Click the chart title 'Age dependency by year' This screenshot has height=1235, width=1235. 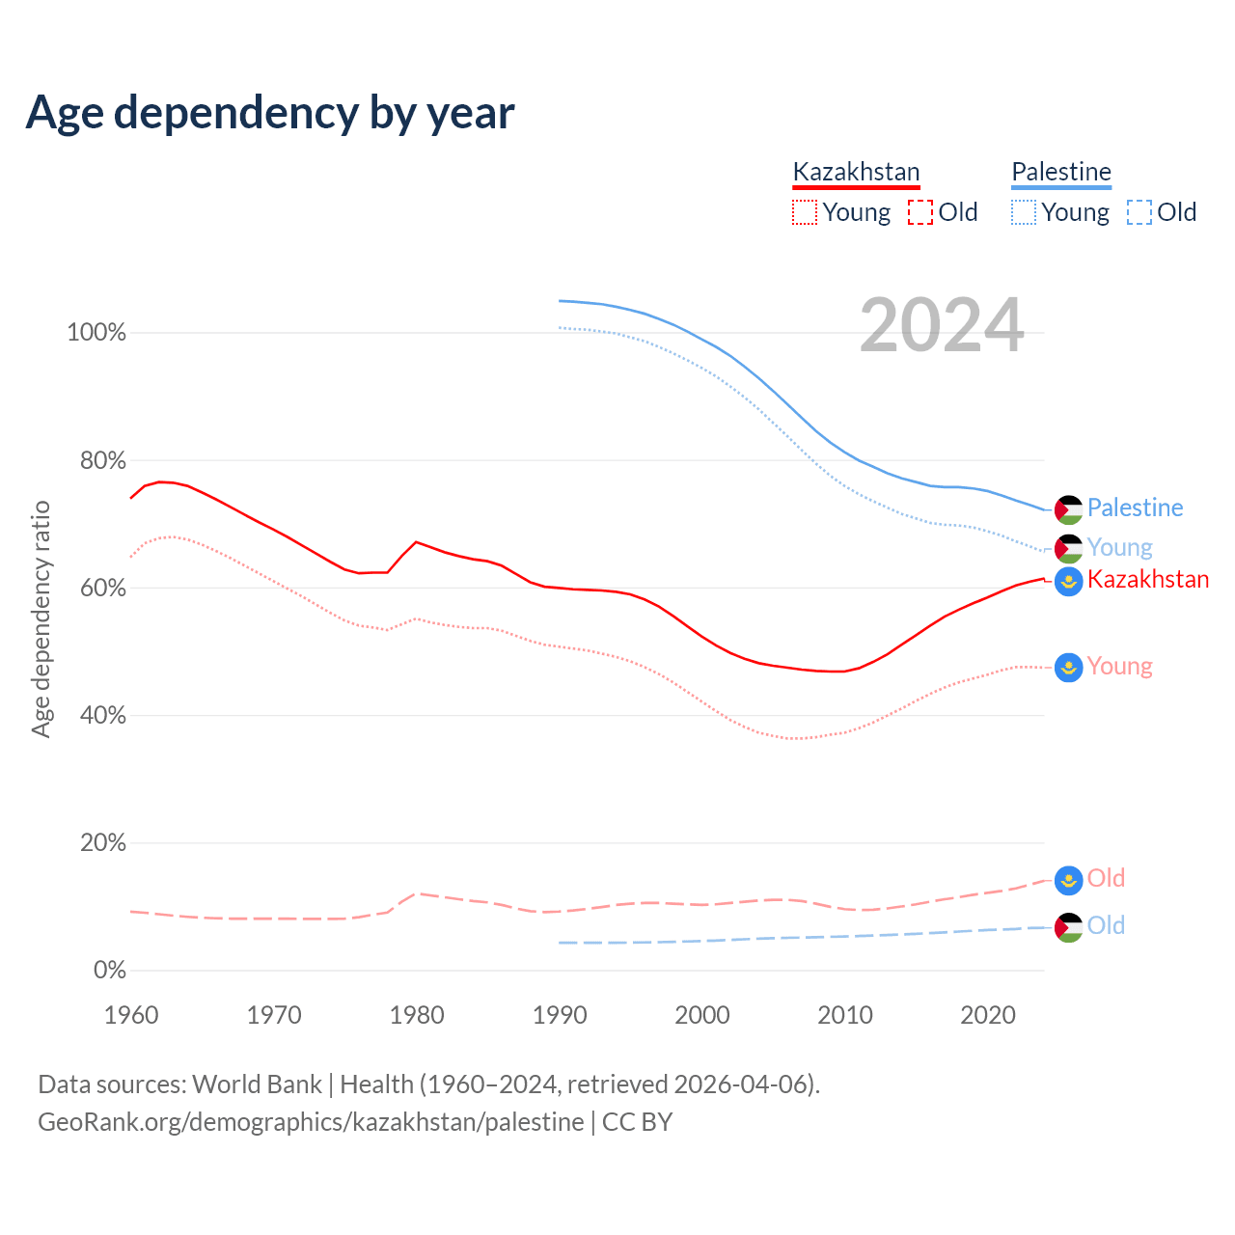click(270, 113)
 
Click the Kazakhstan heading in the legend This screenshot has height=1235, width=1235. click(856, 172)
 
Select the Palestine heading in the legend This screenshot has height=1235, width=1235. click(1061, 172)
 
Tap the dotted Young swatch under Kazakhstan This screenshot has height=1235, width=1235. click(804, 212)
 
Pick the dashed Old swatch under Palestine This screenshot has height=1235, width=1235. click(1139, 212)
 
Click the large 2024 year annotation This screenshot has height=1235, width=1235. click(941, 326)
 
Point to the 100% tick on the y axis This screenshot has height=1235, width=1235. click(96, 333)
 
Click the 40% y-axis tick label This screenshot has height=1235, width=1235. click(102, 715)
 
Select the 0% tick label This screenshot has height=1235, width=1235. click(109, 970)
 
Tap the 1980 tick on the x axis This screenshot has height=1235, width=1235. click(417, 1015)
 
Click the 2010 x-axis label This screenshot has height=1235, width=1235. click(845, 1015)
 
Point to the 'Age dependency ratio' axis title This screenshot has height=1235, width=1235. click(41, 618)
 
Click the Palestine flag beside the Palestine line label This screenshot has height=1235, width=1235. click(1068, 509)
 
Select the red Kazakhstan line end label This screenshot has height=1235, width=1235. click(1147, 579)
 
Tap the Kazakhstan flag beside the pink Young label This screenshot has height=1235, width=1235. click(1068, 667)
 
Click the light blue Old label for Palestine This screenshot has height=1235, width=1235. click(1106, 925)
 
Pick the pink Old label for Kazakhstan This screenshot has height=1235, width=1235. click(1106, 878)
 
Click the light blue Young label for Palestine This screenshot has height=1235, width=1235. click(1119, 547)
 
